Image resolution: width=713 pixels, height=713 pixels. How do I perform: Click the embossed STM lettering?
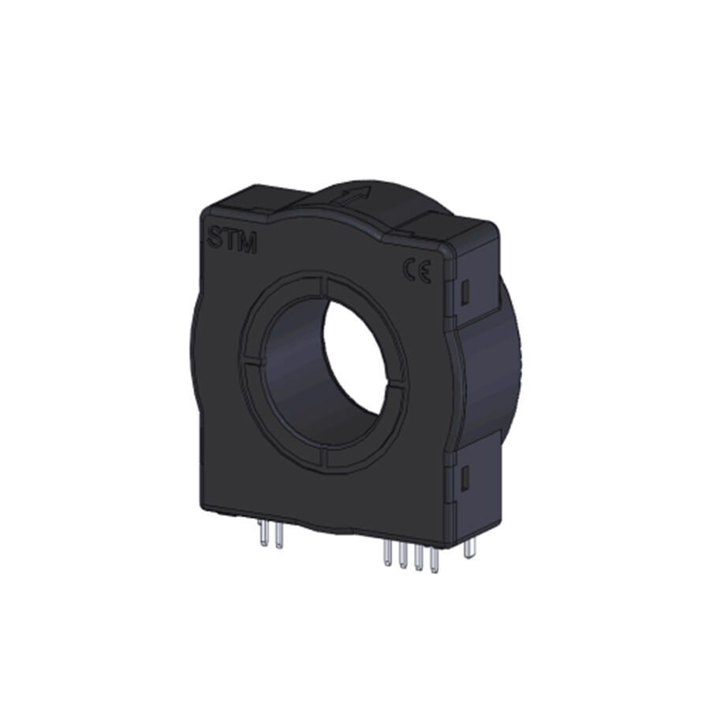(x=233, y=239)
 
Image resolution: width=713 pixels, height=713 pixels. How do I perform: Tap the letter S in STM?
(x=215, y=237)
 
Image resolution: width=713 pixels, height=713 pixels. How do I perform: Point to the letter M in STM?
(x=248, y=243)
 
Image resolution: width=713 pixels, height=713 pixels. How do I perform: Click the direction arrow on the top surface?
(x=353, y=196)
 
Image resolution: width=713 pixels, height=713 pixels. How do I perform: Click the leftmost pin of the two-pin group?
(x=263, y=534)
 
